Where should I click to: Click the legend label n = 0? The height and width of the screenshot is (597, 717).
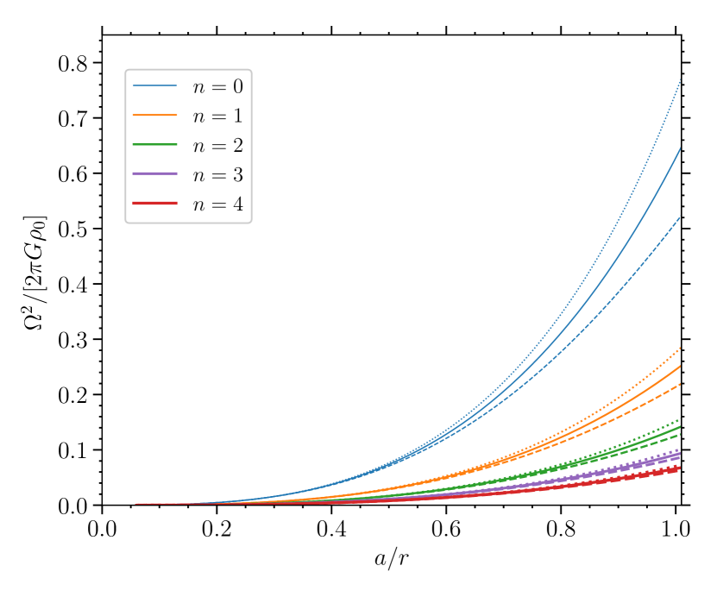click(217, 86)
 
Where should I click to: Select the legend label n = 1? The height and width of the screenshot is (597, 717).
click(217, 116)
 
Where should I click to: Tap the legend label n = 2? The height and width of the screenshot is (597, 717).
click(217, 145)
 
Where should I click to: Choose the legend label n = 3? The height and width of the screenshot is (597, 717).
click(217, 175)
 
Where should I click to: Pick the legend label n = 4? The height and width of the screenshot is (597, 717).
click(217, 204)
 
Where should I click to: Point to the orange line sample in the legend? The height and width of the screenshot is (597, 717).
click(154, 116)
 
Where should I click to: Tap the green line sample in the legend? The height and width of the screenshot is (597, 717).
click(154, 145)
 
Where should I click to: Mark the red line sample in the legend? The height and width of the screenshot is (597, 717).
click(154, 204)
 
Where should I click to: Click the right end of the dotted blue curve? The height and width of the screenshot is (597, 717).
click(680, 80)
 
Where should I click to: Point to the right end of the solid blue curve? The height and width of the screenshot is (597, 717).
click(680, 148)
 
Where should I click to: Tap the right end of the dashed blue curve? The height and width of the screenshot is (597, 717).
click(680, 217)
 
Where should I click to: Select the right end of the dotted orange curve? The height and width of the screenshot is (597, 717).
click(680, 348)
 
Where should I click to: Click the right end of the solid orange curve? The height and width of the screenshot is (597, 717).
click(680, 366)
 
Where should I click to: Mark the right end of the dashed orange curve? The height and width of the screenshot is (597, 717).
click(680, 384)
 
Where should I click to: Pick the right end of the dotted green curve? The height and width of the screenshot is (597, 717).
click(680, 419)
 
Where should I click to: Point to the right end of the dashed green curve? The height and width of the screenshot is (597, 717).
click(680, 434)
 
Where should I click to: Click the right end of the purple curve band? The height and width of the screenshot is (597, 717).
click(679, 454)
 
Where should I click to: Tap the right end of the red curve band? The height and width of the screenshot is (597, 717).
click(679, 468)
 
